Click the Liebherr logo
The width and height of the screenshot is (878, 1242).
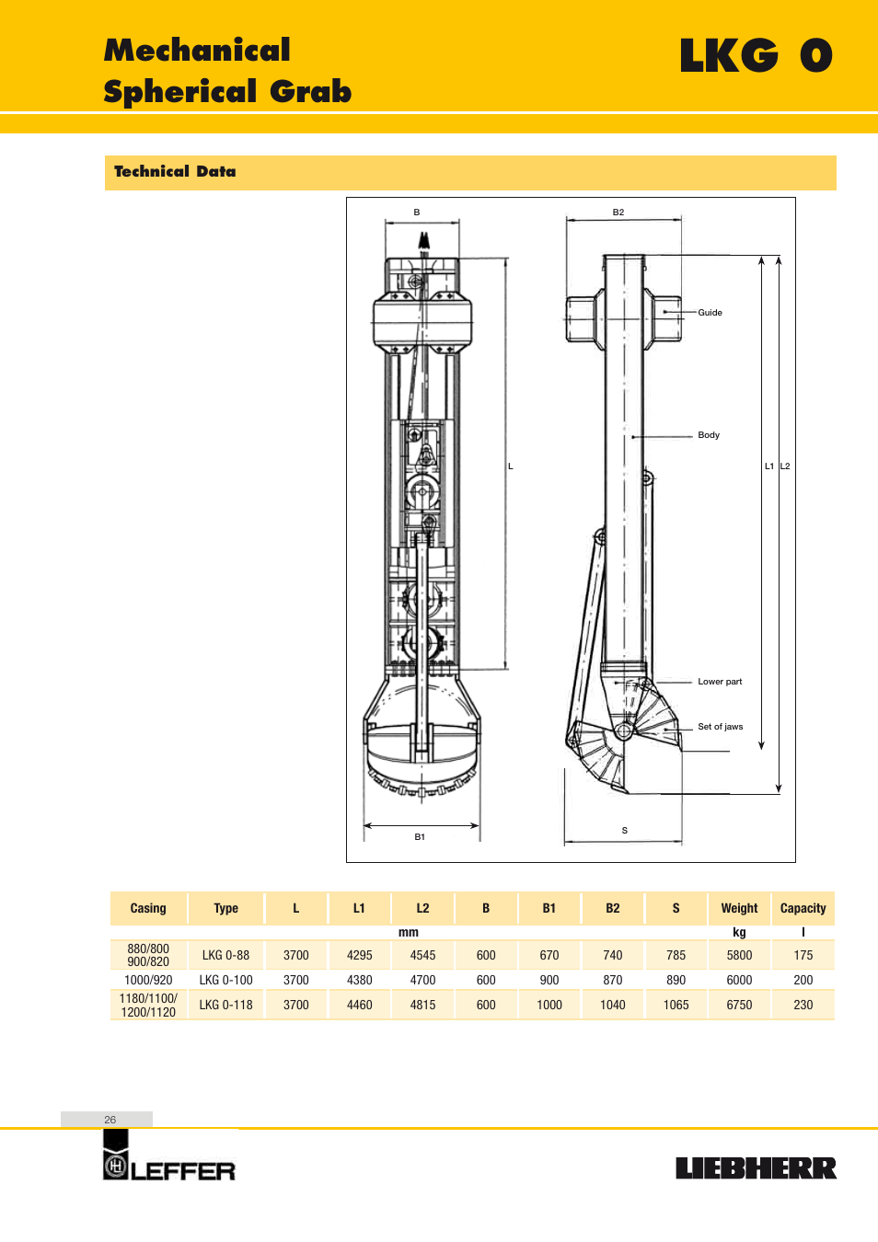[756, 1168]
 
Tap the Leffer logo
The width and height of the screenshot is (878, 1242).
[169, 1156]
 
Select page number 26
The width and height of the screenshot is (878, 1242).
[110, 1120]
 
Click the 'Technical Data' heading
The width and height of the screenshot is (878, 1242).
[175, 171]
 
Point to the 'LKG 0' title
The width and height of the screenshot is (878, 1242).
[756, 55]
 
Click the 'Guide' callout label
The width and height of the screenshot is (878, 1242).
[710, 313]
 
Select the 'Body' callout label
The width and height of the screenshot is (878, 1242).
[709, 434]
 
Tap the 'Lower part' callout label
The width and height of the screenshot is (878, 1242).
[720, 682]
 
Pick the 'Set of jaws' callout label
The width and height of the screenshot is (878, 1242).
[720, 727]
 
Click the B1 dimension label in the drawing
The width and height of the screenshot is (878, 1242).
[420, 836]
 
